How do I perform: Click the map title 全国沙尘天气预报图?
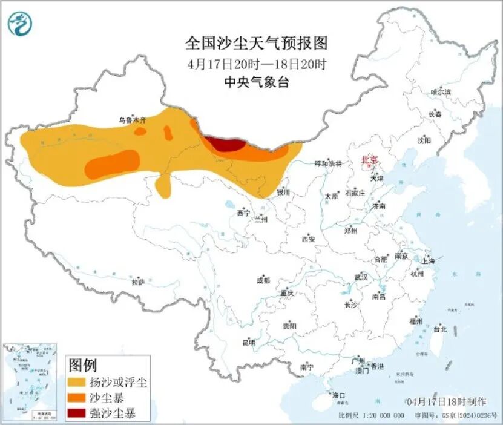[256, 43]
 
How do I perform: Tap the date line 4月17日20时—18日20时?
[256, 64]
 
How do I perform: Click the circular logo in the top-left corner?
[21, 24]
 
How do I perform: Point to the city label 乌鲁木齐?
[132, 120]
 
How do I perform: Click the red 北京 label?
[369, 160]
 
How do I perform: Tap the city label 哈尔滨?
[441, 92]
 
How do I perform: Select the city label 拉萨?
[139, 282]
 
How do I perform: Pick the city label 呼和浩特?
[327, 164]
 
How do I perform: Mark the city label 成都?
[263, 280]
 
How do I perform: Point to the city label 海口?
[340, 395]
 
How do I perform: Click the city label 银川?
[283, 193]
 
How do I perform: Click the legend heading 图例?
[83, 365]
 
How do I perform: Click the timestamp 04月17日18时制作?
[447, 401]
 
